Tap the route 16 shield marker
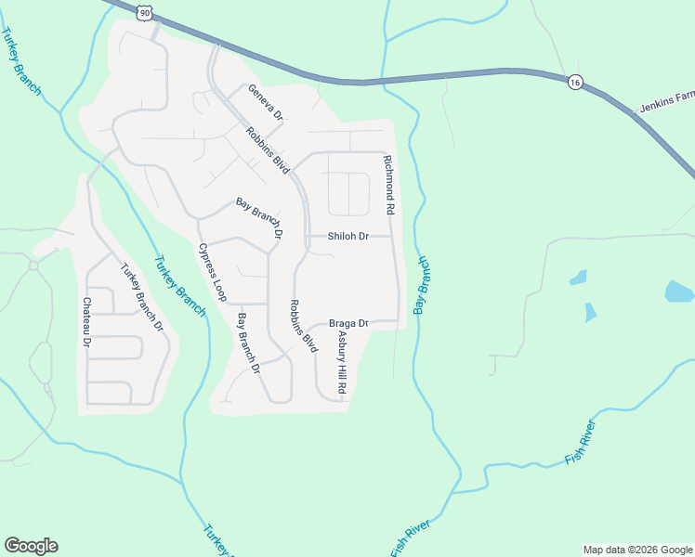pyautogui.click(x=576, y=82)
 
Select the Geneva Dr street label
pyautogui.click(x=265, y=102)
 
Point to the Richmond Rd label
pyautogui.click(x=389, y=186)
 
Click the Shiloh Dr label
pyautogui.click(x=347, y=236)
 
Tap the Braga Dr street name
pyautogui.click(x=349, y=323)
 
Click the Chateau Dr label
pyautogui.click(x=86, y=323)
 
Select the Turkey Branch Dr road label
pyautogui.click(x=142, y=298)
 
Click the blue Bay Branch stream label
pyautogui.click(x=423, y=285)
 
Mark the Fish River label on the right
pyautogui.click(x=580, y=445)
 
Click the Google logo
pyautogui.click(x=31, y=546)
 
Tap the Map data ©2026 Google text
pyautogui.click(x=636, y=550)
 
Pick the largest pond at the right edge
pyautogui.click(x=679, y=292)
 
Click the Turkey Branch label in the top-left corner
pyautogui.click(x=21, y=61)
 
